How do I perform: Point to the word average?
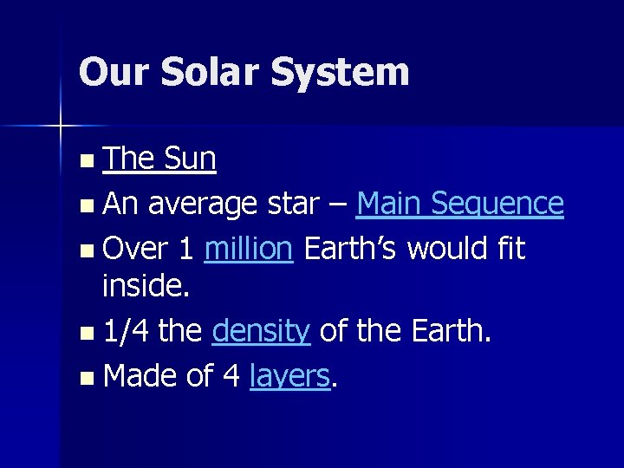point(202,205)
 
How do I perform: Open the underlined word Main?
point(390,205)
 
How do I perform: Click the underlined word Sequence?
point(498,205)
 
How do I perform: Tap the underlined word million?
point(249,249)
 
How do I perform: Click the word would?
point(448,249)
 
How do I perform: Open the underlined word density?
point(261,330)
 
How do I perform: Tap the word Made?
point(140,375)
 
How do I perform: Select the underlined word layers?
point(289,375)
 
